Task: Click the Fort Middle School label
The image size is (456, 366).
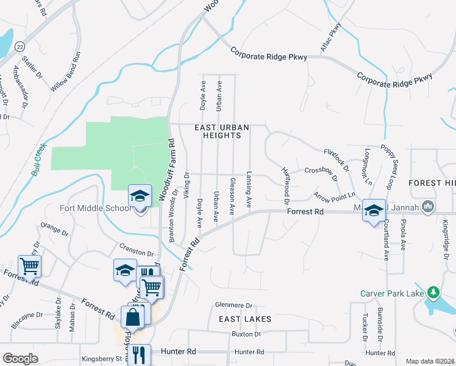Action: click(95, 209)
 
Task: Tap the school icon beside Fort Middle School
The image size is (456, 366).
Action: click(140, 196)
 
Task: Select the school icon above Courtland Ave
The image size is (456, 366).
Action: click(374, 210)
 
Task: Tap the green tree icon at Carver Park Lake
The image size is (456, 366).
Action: click(433, 293)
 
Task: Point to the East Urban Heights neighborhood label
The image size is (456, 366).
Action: click(222, 131)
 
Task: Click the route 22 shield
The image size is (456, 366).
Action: click(21, 46)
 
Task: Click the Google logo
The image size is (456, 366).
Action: click(20, 359)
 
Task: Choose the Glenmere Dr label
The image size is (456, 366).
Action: click(233, 305)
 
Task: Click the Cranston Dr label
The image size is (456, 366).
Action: click(137, 252)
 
